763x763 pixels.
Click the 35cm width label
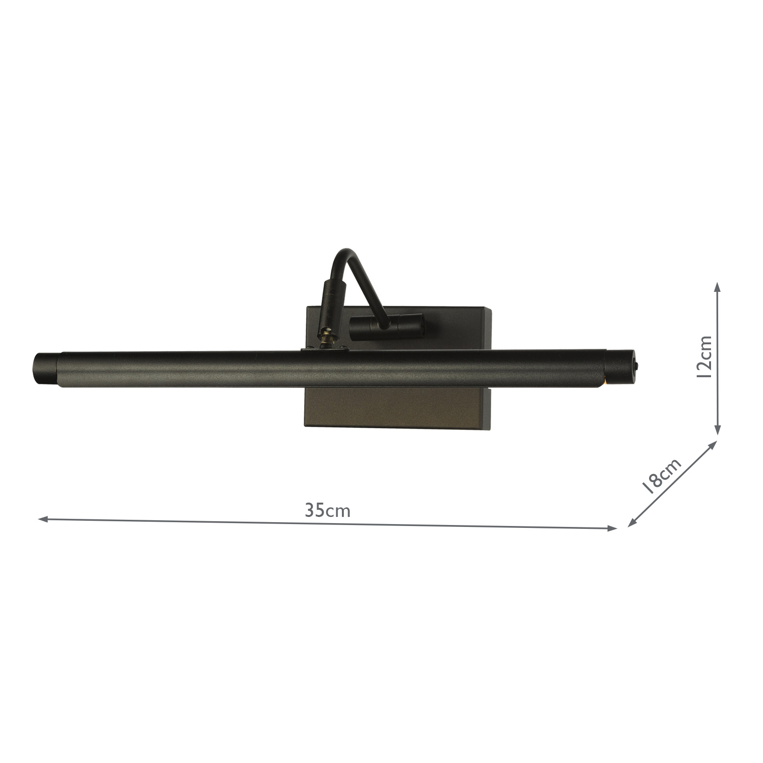(328, 510)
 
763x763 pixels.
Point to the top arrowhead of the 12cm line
(717, 285)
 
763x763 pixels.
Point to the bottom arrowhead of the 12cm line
(717, 431)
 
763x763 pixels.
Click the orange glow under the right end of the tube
(604, 380)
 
